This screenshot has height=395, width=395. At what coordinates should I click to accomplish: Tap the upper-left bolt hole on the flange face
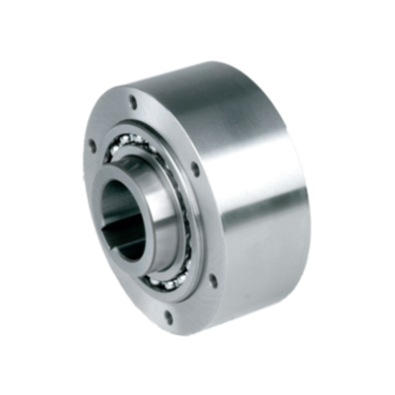92,147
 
